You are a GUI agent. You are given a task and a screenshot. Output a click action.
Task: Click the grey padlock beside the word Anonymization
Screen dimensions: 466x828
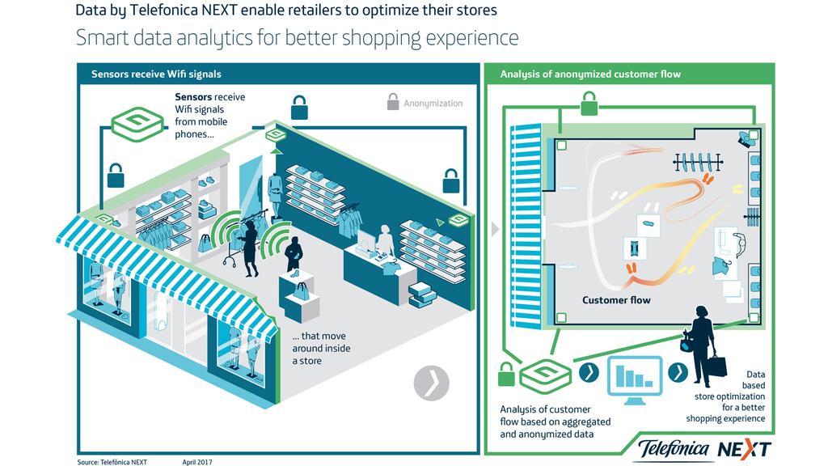(393, 103)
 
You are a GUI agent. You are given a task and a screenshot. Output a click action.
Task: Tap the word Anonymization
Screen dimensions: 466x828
(433, 104)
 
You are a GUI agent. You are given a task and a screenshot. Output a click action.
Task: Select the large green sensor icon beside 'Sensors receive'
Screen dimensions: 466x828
(136, 123)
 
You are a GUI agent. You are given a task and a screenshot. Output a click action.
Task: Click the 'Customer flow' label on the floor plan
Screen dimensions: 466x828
(616, 300)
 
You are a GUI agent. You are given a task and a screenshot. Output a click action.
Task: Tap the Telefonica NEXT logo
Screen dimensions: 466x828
(703, 448)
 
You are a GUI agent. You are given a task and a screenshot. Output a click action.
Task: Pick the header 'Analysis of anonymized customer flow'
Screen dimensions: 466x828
(590, 74)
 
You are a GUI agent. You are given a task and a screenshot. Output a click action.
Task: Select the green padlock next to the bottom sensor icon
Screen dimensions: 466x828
(506, 375)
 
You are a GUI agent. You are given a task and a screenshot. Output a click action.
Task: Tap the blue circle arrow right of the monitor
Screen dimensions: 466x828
(678, 373)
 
